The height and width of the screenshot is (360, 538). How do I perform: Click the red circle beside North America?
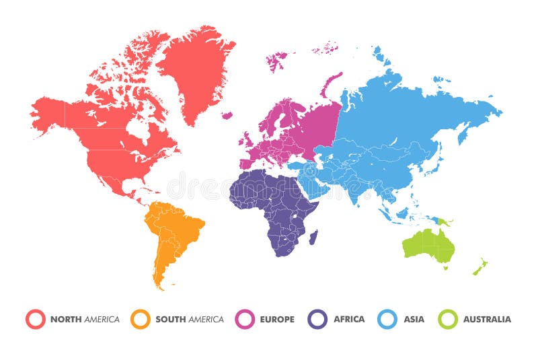(x=36, y=319)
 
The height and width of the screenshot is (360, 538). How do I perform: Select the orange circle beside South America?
(x=141, y=319)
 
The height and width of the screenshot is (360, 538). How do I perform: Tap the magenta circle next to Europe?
(x=246, y=319)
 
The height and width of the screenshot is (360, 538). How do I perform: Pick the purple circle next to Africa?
(x=317, y=319)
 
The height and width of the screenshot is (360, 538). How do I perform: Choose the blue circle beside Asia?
(x=387, y=319)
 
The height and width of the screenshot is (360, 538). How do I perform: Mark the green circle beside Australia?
(x=448, y=319)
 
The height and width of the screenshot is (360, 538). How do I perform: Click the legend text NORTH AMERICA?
(x=85, y=320)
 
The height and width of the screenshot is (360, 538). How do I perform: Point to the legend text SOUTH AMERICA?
(x=190, y=320)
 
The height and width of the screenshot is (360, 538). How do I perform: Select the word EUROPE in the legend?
(x=277, y=320)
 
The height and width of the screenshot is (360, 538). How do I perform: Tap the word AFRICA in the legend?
(x=349, y=320)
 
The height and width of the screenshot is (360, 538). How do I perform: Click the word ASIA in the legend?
(x=414, y=320)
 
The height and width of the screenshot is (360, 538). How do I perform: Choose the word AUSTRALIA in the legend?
(x=487, y=320)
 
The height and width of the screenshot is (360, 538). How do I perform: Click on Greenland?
(x=195, y=67)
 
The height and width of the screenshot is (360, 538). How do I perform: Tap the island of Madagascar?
(x=313, y=236)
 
